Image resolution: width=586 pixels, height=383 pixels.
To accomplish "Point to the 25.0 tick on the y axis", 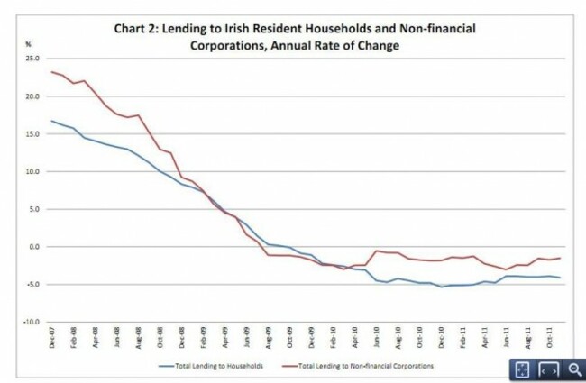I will [x=34, y=59].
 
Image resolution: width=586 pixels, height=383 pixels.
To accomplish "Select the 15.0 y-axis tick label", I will [x=34, y=133].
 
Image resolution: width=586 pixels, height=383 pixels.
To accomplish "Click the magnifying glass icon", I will [x=573, y=369].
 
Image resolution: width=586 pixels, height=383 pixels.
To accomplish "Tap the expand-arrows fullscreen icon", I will [x=523, y=369].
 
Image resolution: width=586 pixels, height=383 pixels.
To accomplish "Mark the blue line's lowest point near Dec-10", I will [x=442, y=287].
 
